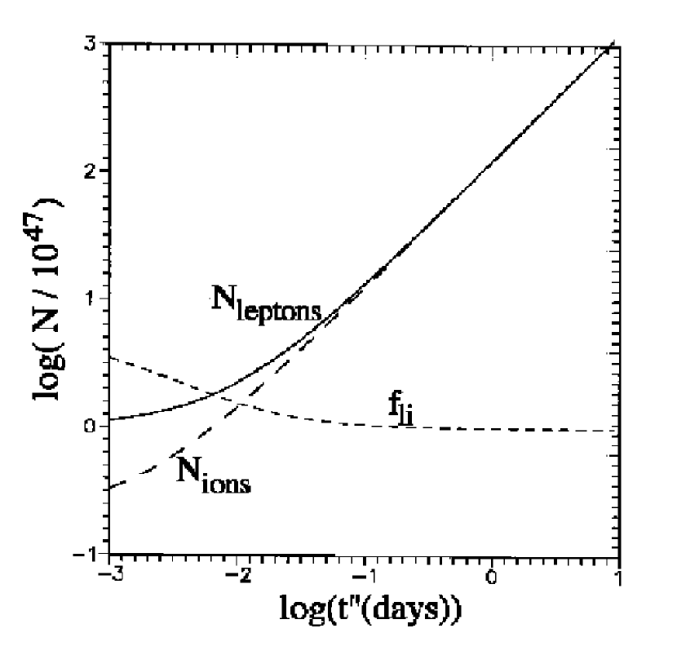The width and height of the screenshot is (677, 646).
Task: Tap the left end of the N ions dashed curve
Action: (110, 488)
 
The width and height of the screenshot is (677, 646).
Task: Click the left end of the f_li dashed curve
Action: (110, 357)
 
